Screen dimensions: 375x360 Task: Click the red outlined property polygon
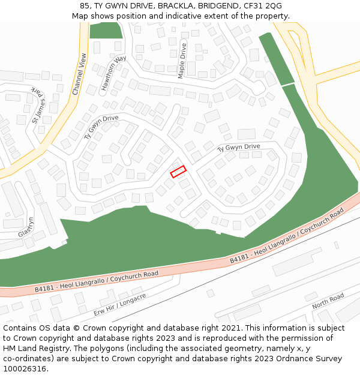point(178,172)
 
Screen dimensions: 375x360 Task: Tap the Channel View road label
point(79,74)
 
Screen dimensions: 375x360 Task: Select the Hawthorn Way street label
point(113,73)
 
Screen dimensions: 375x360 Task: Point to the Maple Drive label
point(182,61)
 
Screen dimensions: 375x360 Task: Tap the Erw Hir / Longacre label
point(120,305)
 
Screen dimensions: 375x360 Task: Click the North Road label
point(328,301)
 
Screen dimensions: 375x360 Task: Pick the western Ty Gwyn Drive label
point(101,127)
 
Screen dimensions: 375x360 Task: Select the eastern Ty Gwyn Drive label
point(238,147)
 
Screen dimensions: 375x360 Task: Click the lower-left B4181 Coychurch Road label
point(96,281)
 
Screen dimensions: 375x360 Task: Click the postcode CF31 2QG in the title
point(262,6)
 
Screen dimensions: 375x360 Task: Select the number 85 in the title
point(85,6)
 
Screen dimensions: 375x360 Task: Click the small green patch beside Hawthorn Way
point(106,30)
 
